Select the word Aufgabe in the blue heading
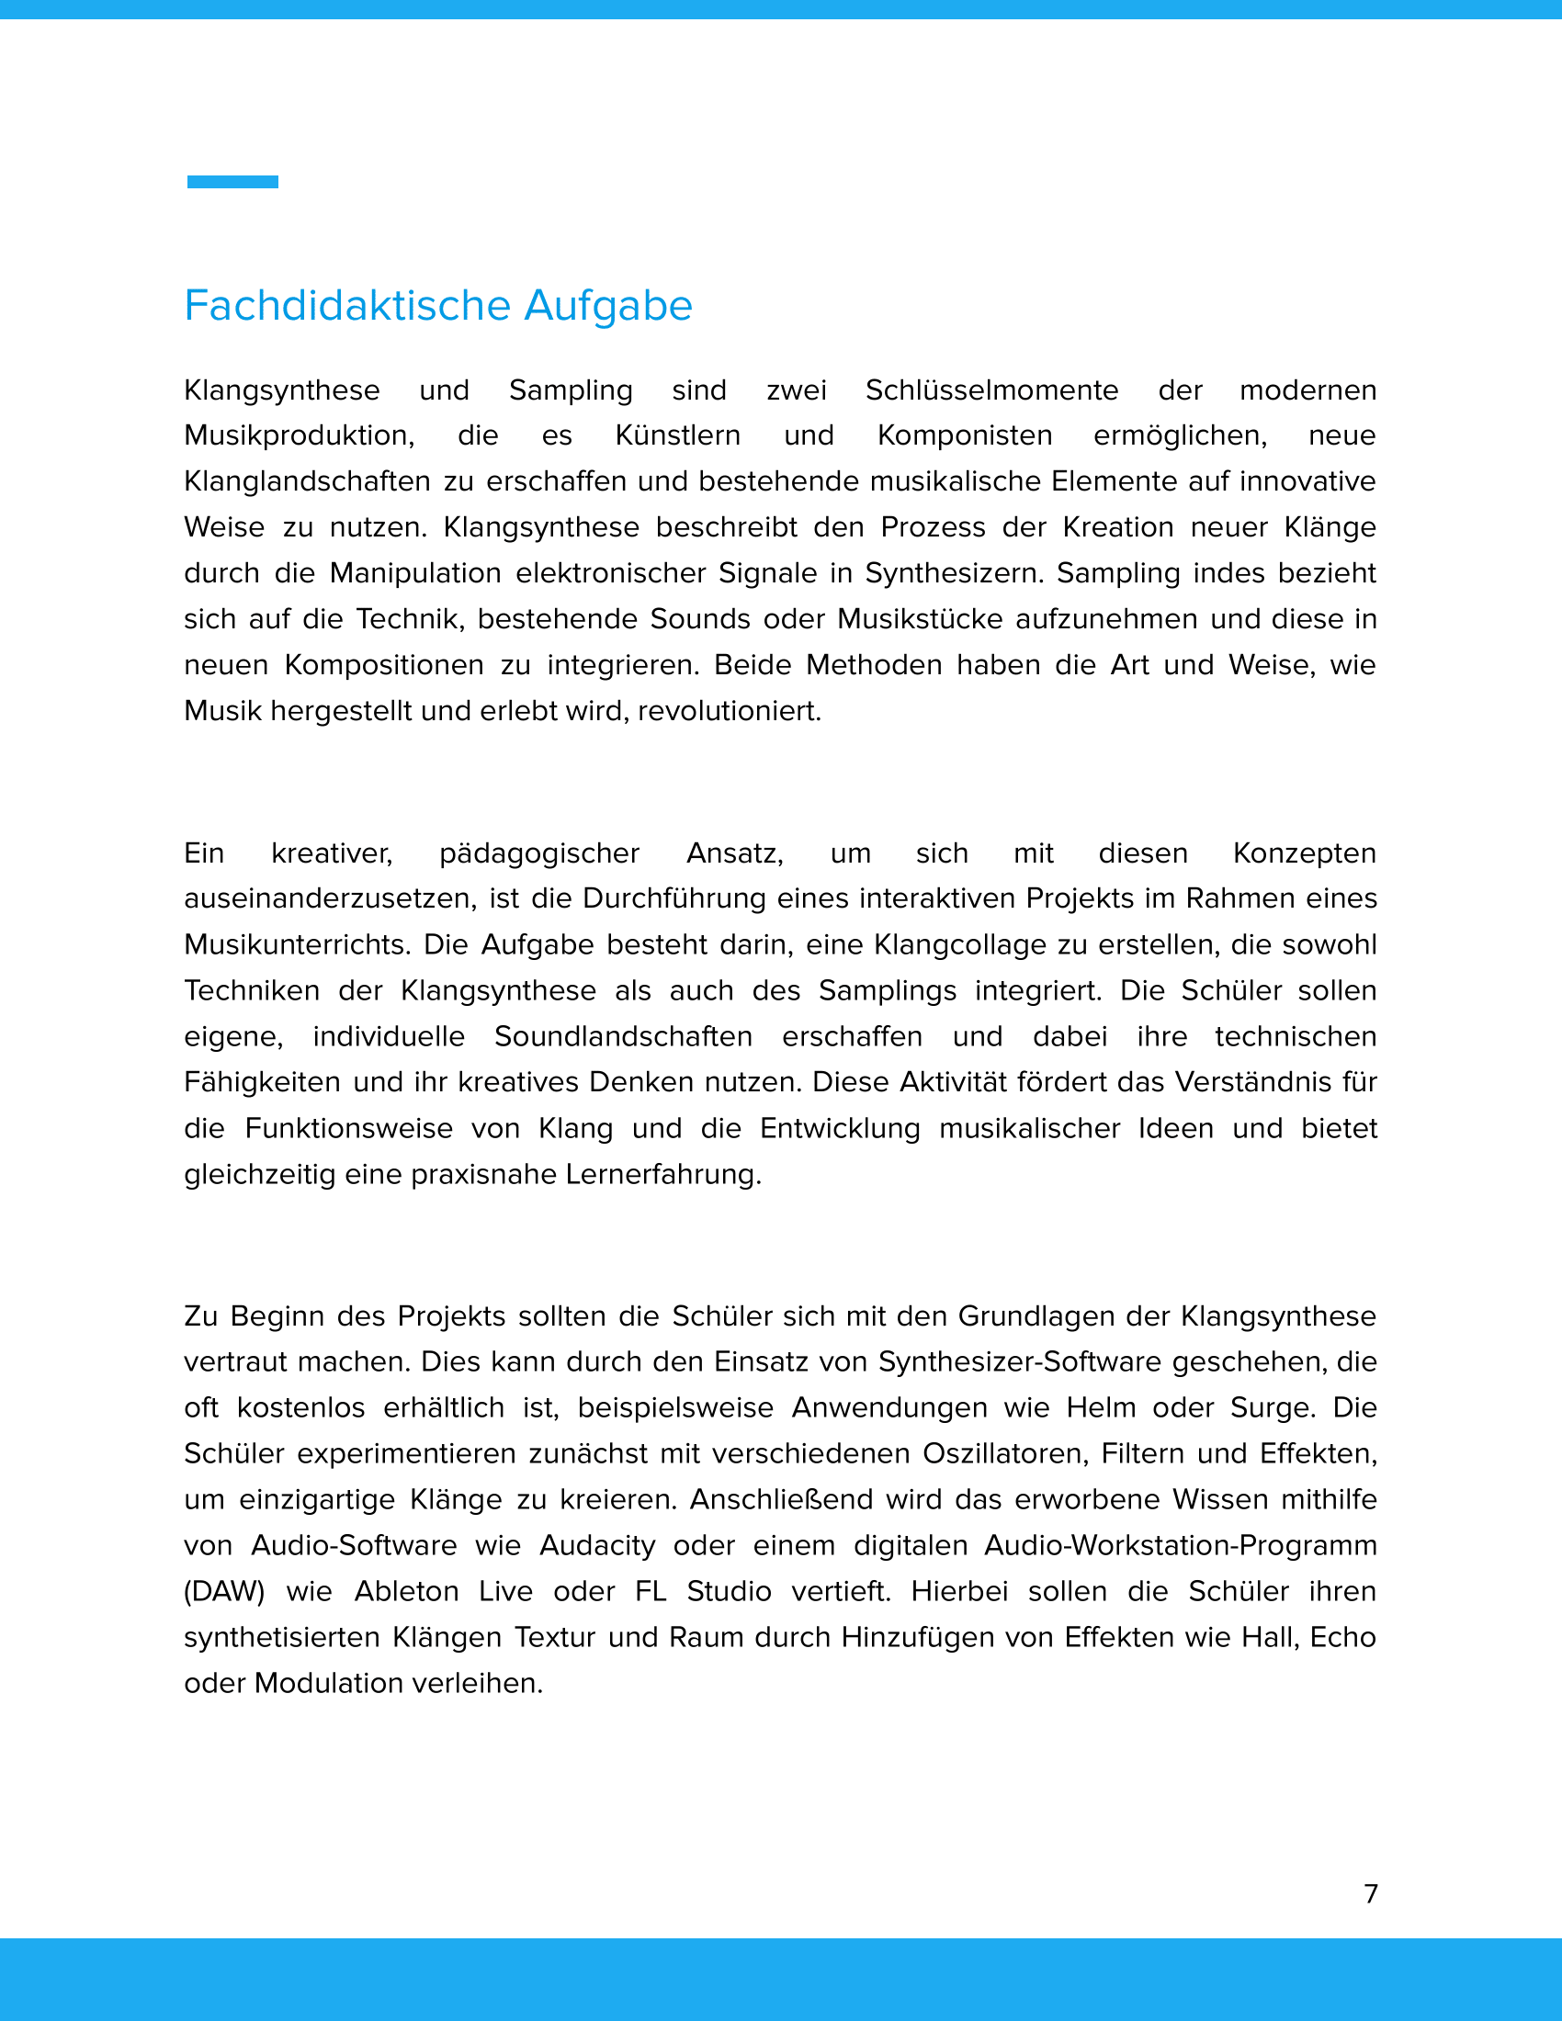pyautogui.click(x=608, y=305)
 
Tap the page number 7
pyautogui.click(x=1371, y=1893)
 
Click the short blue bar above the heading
pyautogui.click(x=232, y=181)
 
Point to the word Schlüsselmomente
pyautogui.click(x=991, y=390)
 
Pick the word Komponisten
pyautogui.click(x=964, y=435)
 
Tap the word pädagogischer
pyautogui.click(x=538, y=853)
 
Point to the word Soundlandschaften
pyautogui.click(x=623, y=1036)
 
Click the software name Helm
pyautogui.click(x=1099, y=1407)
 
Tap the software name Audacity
pyautogui.click(x=597, y=1545)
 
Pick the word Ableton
pyautogui.click(x=406, y=1592)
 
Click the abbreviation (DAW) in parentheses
pyautogui.click(x=225, y=1592)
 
